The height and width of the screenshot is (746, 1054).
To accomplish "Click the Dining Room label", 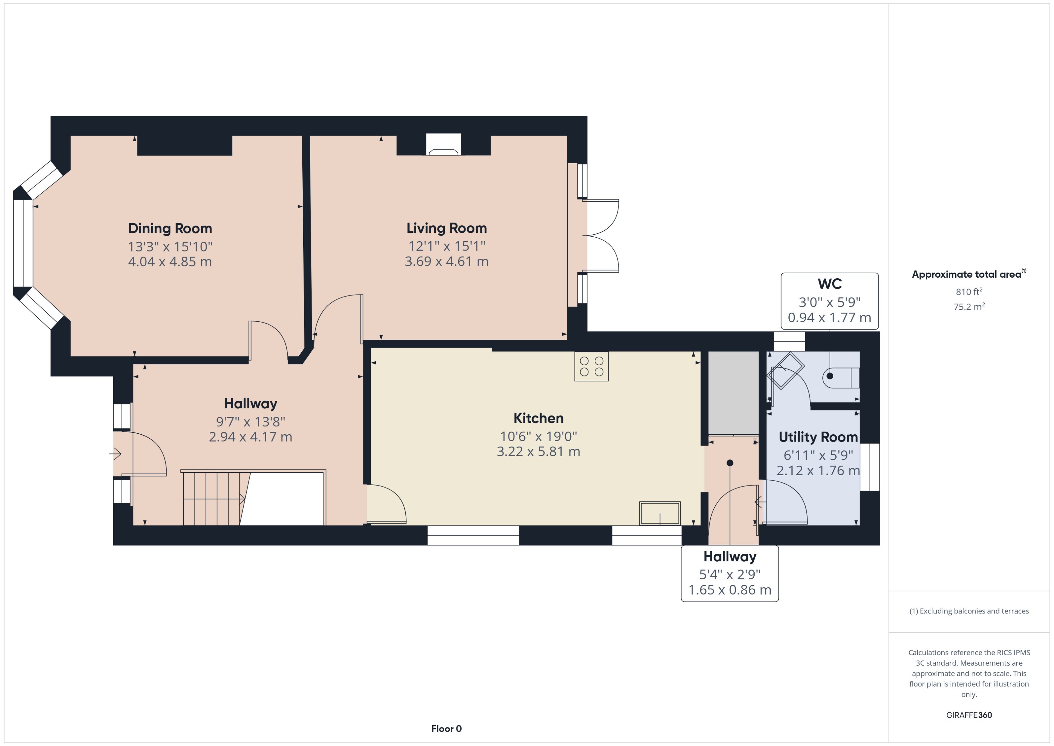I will click(x=170, y=228).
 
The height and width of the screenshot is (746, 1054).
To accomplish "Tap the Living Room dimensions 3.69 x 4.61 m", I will click(x=446, y=261).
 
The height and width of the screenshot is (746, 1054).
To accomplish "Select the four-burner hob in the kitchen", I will click(x=591, y=367).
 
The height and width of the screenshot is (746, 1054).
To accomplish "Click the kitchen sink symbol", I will click(x=660, y=513).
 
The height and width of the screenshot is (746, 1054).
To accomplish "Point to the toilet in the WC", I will click(x=840, y=377).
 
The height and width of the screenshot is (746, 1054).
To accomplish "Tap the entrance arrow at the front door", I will click(x=115, y=454).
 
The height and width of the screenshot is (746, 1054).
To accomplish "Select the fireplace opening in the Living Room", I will click(x=443, y=145).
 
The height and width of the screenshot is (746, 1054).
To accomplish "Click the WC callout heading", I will click(x=829, y=284).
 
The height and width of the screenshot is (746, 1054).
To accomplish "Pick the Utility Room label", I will click(x=818, y=437).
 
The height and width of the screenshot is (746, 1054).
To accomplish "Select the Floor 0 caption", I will click(x=446, y=729).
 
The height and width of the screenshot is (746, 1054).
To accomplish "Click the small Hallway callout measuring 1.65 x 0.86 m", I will click(x=729, y=589).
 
